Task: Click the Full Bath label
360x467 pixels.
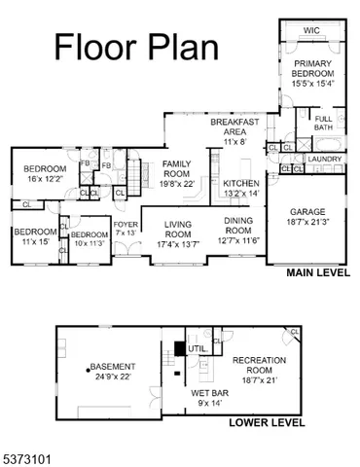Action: [x=323, y=124]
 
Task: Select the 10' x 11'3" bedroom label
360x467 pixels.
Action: [x=89, y=239]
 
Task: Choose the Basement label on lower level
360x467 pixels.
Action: [x=112, y=372]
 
